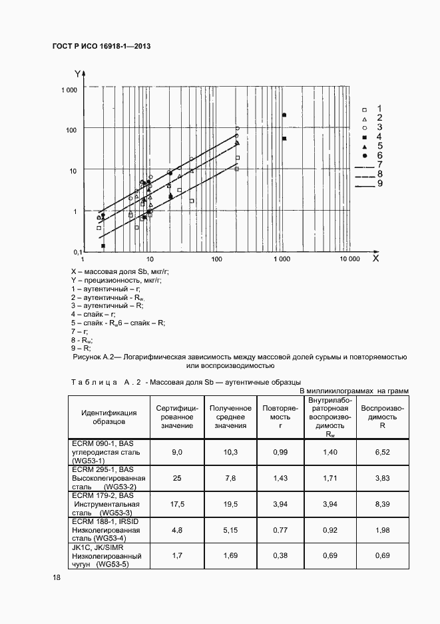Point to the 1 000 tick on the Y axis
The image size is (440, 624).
point(69,90)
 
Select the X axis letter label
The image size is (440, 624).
point(375,258)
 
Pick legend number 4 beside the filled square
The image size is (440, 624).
point(379,135)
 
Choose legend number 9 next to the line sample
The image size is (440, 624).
point(379,183)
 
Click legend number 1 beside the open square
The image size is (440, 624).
point(379,107)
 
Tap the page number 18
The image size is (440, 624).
point(57,577)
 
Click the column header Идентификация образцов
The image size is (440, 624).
point(109,417)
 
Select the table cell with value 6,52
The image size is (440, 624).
point(383,452)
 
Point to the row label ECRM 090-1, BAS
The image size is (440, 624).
point(103,443)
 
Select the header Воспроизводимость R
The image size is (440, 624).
point(383,417)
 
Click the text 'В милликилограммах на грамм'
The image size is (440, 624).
point(353,391)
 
